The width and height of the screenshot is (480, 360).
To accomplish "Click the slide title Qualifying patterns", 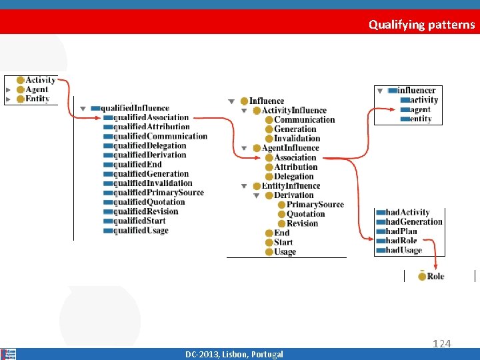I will click(x=422, y=25).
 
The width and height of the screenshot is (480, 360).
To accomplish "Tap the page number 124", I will click(x=442, y=343).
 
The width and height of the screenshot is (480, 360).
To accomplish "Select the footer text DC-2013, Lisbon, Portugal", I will click(x=234, y=354).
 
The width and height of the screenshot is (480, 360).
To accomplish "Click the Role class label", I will click(x=435, y=276).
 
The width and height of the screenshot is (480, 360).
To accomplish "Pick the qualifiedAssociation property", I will click(x=151, y=117).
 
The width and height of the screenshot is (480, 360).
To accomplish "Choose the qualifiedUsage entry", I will click(x=141, y=231).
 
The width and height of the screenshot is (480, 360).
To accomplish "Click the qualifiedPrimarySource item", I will click(x=158, y=193).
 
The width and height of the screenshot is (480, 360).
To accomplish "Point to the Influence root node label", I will click(x=267, y=101).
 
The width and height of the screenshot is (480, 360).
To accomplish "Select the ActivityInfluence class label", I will click(x=294, y=110).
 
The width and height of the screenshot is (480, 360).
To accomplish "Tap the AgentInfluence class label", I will click(x=291, y=148).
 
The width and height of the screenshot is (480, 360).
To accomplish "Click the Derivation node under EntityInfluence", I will click(x=293, y=195).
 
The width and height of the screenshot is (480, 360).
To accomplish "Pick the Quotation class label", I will click(x=305, y=214).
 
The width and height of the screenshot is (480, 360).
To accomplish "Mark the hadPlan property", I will click(x=401, y=231).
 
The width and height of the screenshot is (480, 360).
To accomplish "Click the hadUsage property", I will click(x=403, y=250).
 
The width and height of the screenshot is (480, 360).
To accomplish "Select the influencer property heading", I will click(x=416, y=90).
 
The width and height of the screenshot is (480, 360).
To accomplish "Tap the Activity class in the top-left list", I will click(x=40, y=80).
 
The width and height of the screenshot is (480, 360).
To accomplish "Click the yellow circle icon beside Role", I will click(x=422, y=276).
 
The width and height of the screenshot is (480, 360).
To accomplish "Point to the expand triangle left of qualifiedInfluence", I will click(x=83, y=108).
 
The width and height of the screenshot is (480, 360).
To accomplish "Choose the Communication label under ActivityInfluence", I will click(x=305, y=120).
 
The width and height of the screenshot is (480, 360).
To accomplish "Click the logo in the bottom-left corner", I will click(x=9, y=354).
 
